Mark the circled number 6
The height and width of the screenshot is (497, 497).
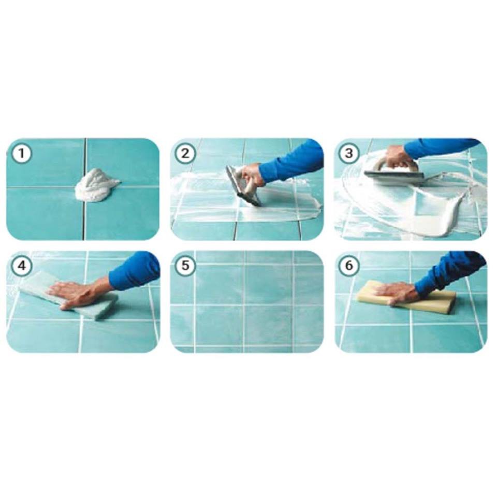(348, 266)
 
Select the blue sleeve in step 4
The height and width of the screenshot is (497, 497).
(135, 271)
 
